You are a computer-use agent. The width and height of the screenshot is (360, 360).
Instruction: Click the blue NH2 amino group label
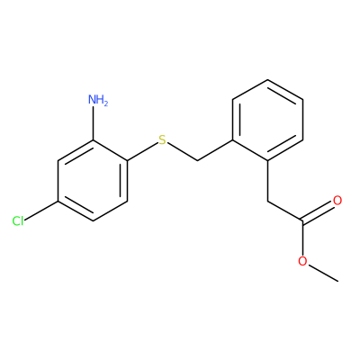[x=98, y=100]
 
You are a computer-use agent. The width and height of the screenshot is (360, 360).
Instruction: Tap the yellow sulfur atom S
[x=162, y=140]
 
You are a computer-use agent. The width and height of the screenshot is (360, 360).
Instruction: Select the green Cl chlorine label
[x=18, y=221]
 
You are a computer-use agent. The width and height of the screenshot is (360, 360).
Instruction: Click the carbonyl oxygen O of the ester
[x=337, y=201]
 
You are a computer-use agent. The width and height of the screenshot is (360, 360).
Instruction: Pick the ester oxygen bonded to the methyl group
[x=302, y=261]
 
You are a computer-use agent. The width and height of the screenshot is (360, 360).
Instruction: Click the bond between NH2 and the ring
[x=93, y=123]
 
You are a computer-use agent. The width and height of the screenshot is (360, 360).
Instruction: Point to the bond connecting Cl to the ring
[x=41, y=211]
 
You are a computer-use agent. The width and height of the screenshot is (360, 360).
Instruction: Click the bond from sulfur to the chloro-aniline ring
[x=142, y=151]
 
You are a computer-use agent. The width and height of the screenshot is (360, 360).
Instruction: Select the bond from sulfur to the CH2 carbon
[x=182, y=152]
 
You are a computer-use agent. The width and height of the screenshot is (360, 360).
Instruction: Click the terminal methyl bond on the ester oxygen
[x=323, y=273]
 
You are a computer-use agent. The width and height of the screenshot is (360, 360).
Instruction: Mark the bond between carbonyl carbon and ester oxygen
[x=302, y=238]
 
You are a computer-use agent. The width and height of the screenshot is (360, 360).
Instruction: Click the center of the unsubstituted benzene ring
[x=267, y=120]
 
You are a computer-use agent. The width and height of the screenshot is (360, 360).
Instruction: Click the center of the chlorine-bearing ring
[x=93, y=181]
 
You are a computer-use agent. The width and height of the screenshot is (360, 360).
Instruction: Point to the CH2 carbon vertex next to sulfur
[x=198, y=161]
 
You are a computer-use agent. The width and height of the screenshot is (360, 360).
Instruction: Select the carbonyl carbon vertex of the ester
[x=302, y=221]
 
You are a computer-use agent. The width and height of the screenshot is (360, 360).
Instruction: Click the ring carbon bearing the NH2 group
[x=93, y=140]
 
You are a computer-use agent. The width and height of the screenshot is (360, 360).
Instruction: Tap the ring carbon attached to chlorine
[x=58, y=201]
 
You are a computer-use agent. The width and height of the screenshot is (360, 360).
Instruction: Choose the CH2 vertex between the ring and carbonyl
[x=267, y=201]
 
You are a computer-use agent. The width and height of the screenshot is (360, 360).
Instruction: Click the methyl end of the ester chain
[x=338, y=282]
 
